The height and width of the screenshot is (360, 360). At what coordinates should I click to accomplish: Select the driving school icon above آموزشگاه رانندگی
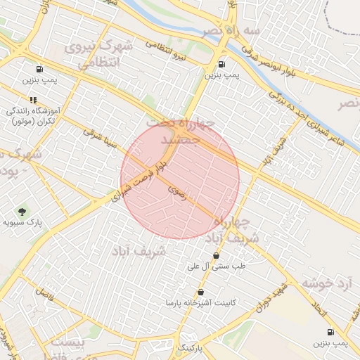pos(32,100)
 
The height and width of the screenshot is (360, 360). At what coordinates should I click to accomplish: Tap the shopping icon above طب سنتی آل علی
pos(216,255)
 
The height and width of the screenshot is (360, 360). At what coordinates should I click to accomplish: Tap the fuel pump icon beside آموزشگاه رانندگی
pos(38,70)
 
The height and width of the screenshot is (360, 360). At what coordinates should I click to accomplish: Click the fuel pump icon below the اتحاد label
pos(330,331)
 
